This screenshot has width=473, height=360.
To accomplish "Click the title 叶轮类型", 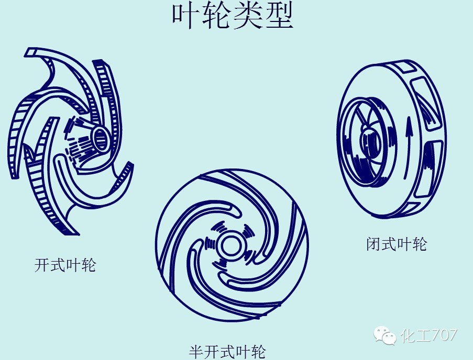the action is coord(233,16).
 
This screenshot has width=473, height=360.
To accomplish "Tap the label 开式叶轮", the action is coord(65,265).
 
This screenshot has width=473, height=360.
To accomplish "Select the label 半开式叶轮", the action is coord(227,351).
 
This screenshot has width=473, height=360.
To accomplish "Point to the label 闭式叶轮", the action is coord(397,244).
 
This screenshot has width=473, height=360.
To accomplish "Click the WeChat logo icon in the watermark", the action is coord(385,335).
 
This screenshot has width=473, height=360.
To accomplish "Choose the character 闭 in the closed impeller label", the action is coord(373,244).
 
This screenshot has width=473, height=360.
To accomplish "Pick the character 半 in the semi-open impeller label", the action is coord(196,351).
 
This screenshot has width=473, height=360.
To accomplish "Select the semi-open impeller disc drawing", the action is coord(232,244).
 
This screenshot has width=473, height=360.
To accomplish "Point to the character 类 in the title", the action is coord(248,16).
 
